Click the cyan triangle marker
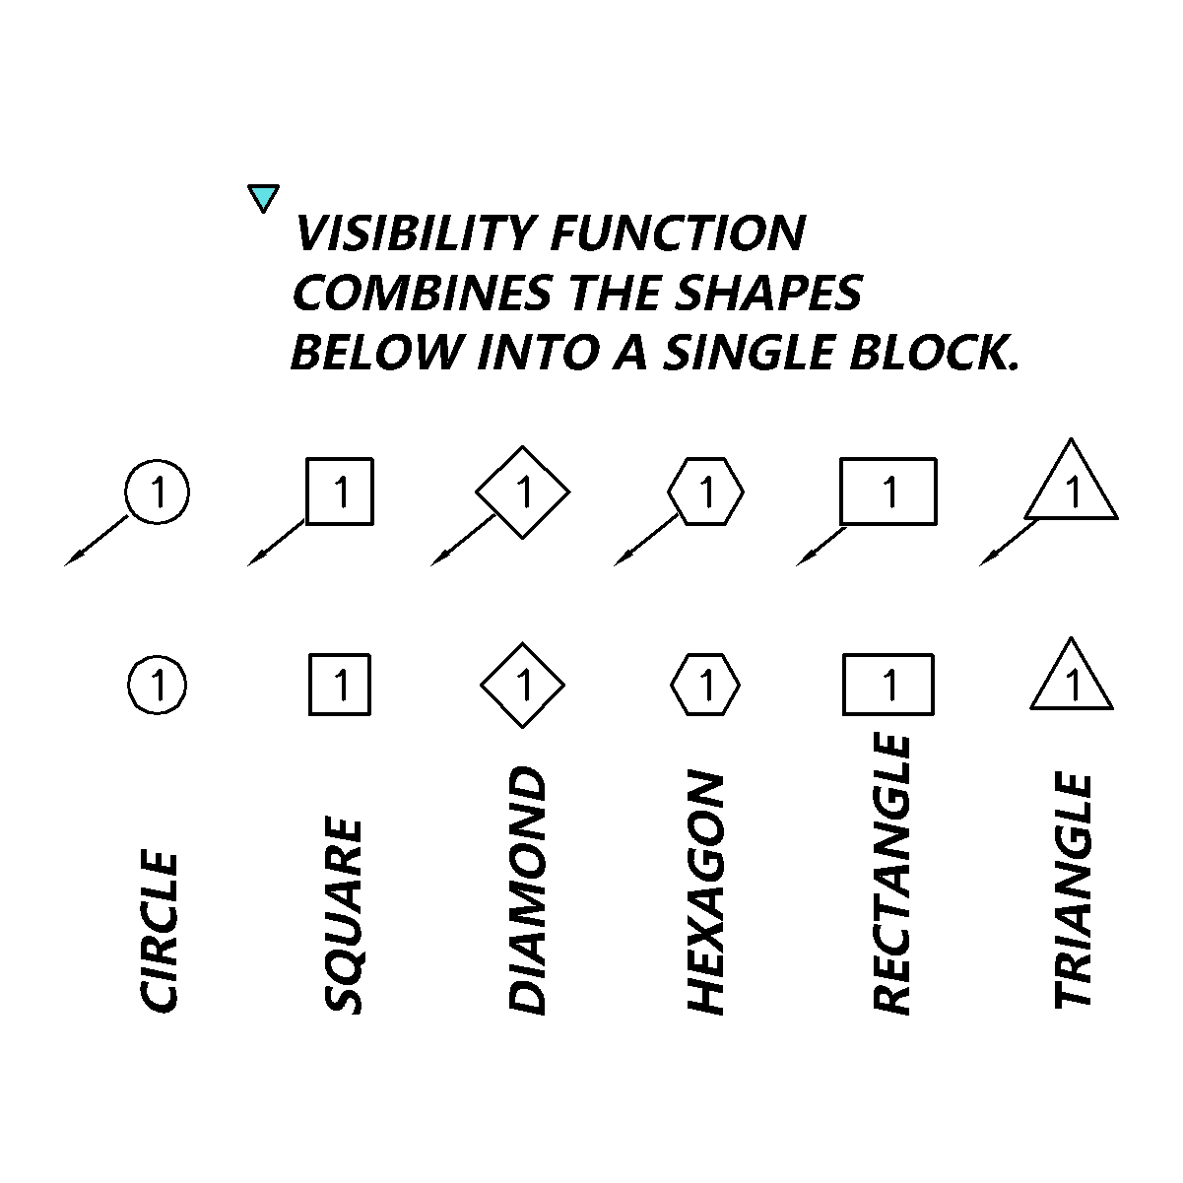263,196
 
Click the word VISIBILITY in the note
416,233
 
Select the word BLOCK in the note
933,353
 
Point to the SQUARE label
343,916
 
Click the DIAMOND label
527,890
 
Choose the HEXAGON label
705,892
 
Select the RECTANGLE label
890,875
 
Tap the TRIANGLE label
1073,890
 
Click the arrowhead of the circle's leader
74,559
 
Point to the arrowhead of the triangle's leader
988,559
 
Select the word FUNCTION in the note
679,233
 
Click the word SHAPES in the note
768,293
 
